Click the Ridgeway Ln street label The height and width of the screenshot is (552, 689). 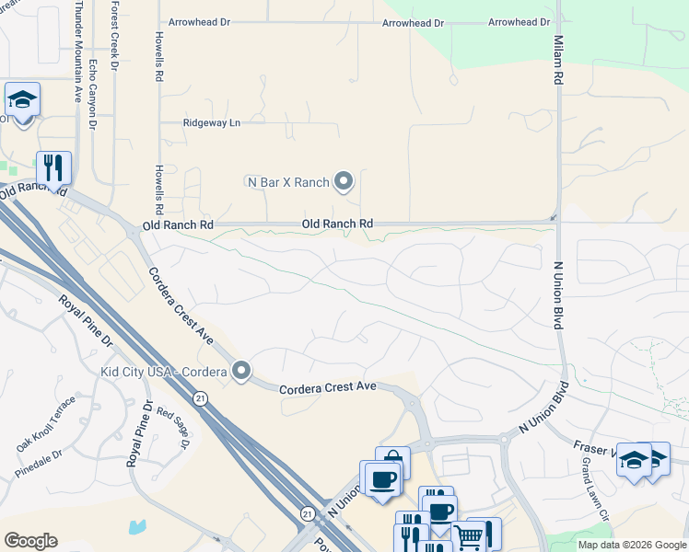(211, 122)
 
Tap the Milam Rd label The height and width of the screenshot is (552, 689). (558, 61)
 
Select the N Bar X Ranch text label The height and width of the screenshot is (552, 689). (288, 182)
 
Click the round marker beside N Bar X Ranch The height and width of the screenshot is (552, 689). (344, 181)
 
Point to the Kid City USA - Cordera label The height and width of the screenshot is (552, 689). (164, 372)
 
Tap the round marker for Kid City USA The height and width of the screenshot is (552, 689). (241, 371)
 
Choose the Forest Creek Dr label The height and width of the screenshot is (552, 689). (114, 36)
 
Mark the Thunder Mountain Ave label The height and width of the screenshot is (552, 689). (78, 38)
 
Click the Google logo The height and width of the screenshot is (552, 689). (30, 541)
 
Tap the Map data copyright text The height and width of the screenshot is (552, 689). (632, 545)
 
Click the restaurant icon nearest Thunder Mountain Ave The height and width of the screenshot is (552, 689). (53, 168)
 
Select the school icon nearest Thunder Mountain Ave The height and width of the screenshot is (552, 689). (21, 99)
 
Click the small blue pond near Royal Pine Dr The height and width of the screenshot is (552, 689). (137, 528)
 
